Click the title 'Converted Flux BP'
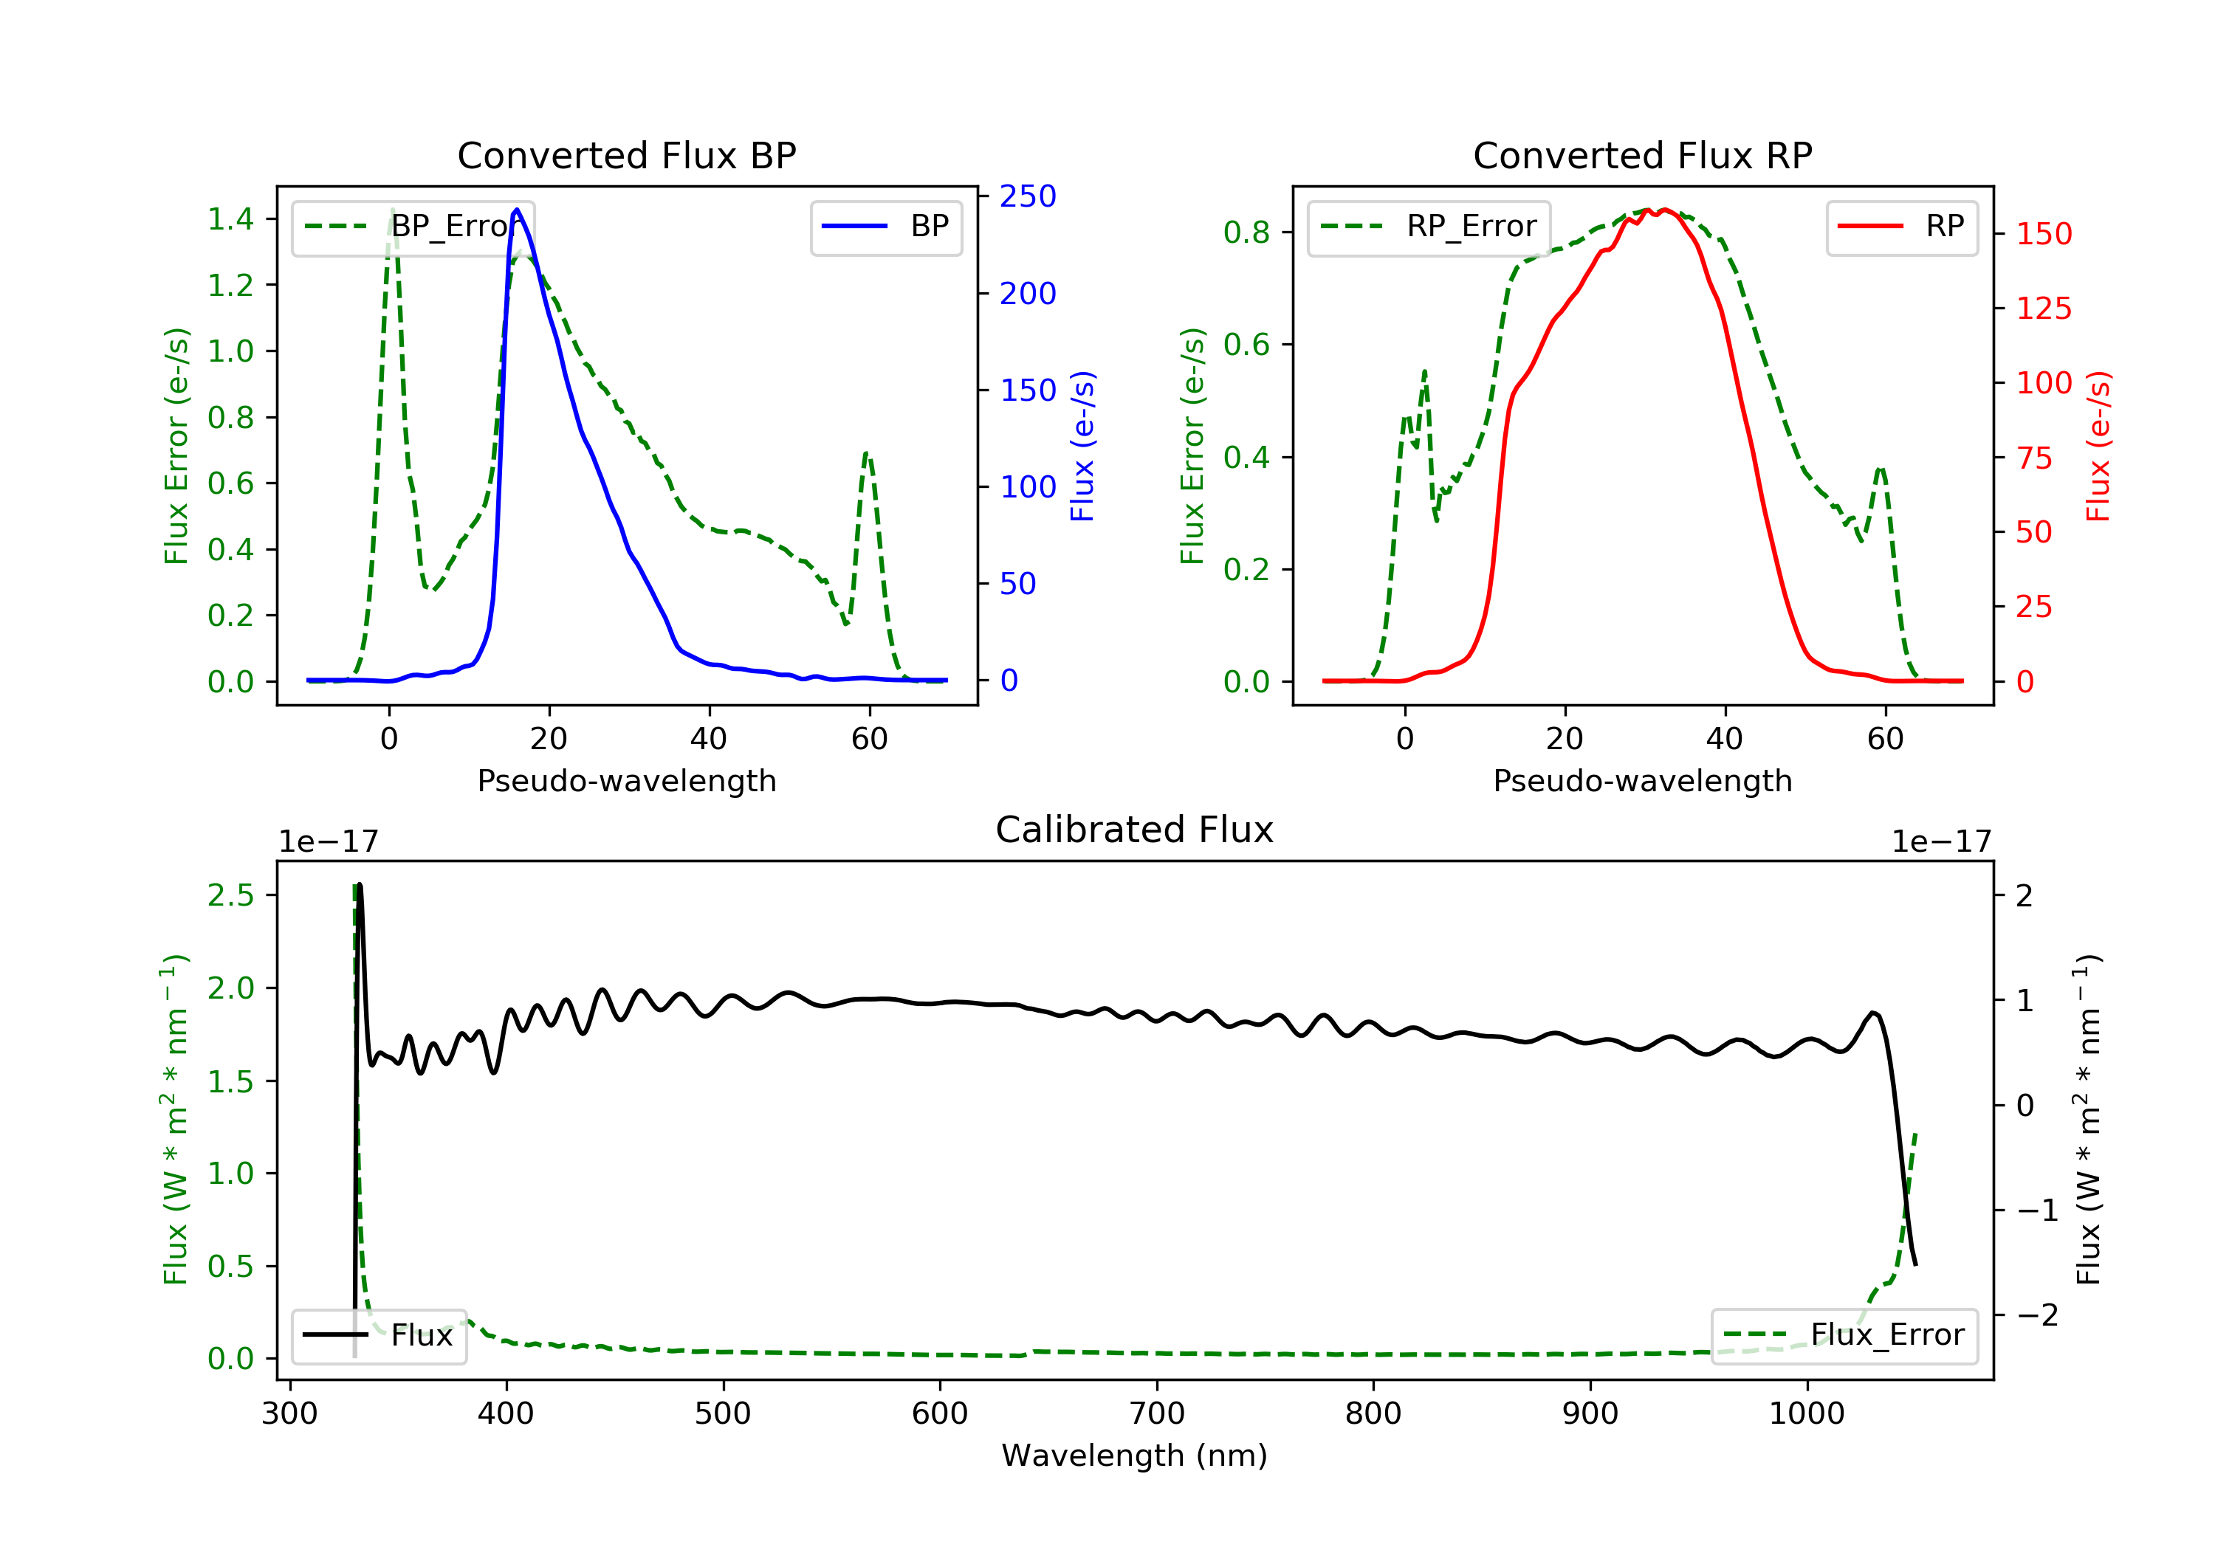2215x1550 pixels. coord(626,155)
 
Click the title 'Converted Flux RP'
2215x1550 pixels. coord(1642,155)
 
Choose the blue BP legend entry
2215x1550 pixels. coord(885,227)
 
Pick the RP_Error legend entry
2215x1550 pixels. coord(1429,227)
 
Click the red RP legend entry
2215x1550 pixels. coord(1901,227)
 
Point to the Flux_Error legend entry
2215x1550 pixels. coord(1844,1335)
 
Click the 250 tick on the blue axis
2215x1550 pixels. coord(1028,197)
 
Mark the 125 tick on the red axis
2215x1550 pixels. coord(2043,309)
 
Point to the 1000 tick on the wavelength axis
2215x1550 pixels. coord(1806,1414)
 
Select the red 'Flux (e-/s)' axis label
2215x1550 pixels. coord(2098,446)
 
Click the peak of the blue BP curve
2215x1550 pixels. coord(517,210)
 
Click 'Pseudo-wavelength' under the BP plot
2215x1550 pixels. coord(626,780)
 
